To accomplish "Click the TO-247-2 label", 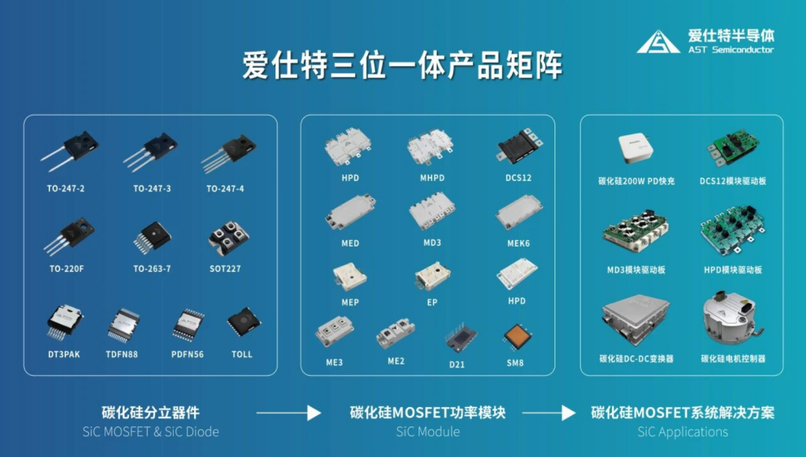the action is tap(66, 189).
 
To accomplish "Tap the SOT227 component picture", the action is tap(228, 238).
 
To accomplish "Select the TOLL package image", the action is tap(243, 322).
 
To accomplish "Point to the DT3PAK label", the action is tap(63, 354).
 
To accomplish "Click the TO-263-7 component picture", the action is tap(152, 238).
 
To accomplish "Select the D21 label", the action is tap(457, 365).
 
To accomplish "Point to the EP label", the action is tap(432, 303).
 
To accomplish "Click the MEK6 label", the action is tap(518, 243).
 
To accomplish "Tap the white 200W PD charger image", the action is tap(636, 149).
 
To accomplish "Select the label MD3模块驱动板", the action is tap(636, 270).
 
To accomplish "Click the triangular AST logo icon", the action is tap(658, 42).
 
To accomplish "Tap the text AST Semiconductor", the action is tap(731, 50).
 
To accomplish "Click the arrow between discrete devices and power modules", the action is tap(288, 413).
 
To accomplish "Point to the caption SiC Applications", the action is tap(683, 432).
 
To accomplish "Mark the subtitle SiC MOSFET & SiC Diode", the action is tap(151, 432).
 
